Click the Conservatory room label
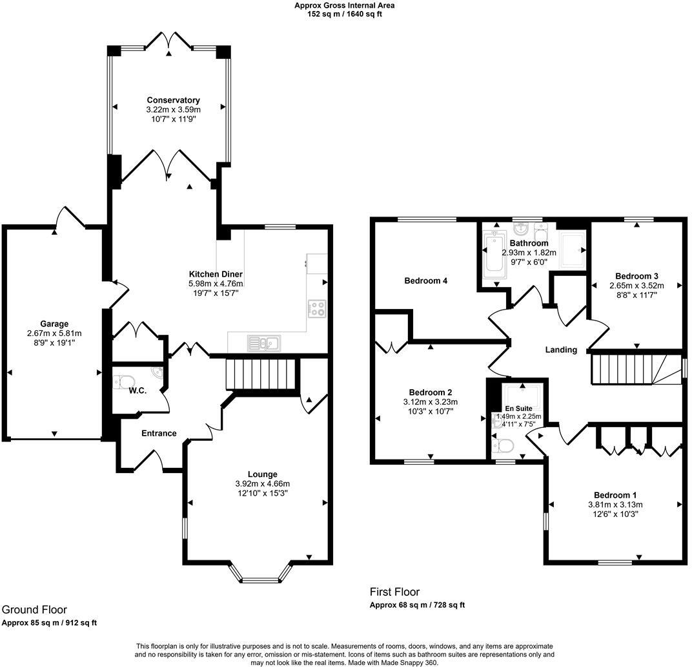tap(173, 100)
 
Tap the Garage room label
tap(54, 324)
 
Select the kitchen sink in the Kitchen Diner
tap(264, 343)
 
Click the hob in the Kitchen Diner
tap(317, 308)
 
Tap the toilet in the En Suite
tap(503, 446)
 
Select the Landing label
tap(561, 350)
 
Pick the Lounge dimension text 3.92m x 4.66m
tap(263, 484)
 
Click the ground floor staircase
tap(260, 374)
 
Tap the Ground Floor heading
tap(34, 609)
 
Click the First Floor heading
tap(394, 591)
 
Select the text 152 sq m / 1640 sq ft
tap(345, 14)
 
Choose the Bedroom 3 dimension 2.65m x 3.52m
tap(636, 286)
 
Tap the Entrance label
tap(159, 433)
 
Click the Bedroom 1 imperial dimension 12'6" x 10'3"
tap(615, 514)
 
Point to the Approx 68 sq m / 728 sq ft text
tap(417, 605)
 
